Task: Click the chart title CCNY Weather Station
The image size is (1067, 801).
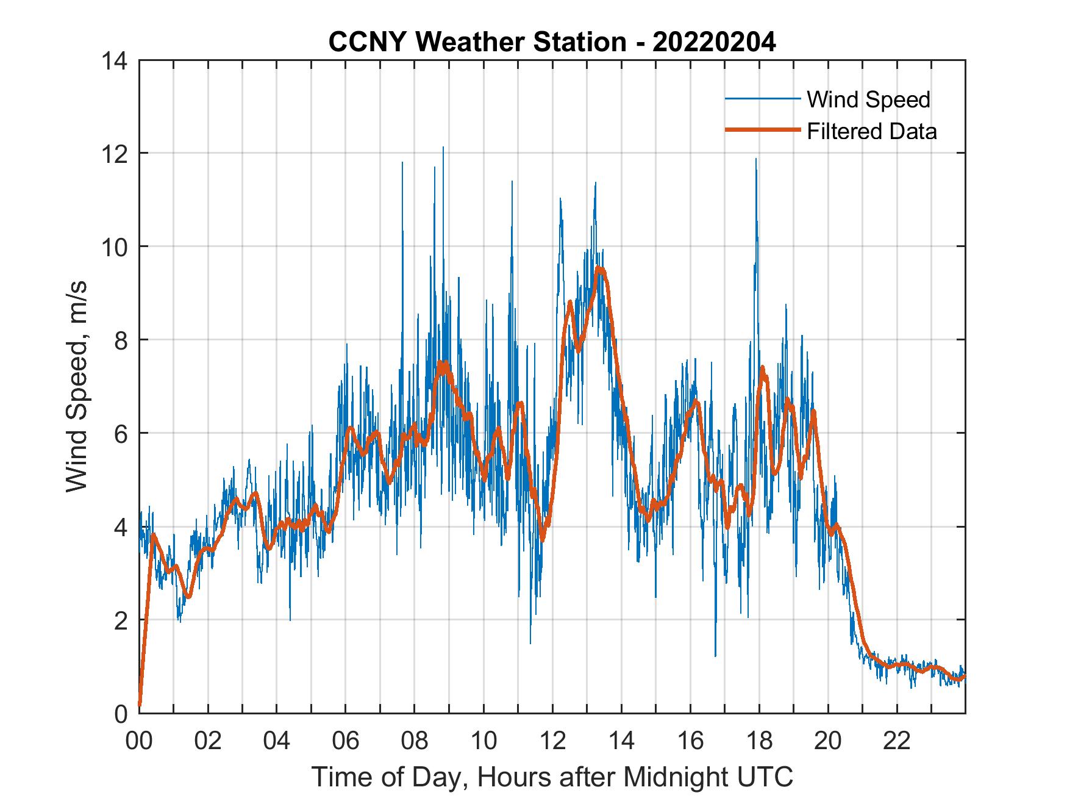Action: pos(477,42)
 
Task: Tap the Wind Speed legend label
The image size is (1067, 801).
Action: pos(868,99)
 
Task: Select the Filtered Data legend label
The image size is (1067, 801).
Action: pos(871,131)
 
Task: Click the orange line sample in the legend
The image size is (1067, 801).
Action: pos(762,131)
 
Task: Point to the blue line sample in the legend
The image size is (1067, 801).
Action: pos(762,99)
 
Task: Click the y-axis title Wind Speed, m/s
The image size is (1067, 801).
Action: pos(77,386)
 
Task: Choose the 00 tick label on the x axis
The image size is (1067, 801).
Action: pos(139,742)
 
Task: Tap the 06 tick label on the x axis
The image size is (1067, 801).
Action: pos(346,742)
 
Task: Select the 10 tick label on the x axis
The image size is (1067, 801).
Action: pos(484,742)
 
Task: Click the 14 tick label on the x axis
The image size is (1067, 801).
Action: pos(621,742)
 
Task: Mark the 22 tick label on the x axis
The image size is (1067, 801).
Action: pos(897,742)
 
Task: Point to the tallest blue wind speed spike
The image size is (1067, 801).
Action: pos(443,148)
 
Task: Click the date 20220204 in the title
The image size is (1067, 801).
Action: pos(714,42)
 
